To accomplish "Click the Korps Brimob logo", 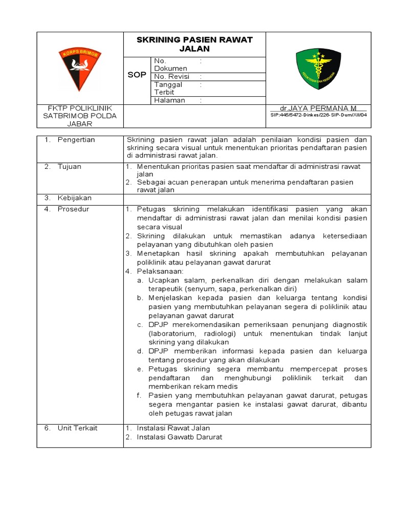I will [x=80, y=69].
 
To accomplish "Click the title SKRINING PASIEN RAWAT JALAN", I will [x=194, y=44].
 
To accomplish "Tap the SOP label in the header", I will [x=137, y=75].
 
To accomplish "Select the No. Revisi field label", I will [x=171, y=77].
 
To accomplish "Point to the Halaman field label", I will [x=169, y=100].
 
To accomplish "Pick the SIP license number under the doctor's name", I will [x=318, y=115].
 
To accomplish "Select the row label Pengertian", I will [x=76, y=140].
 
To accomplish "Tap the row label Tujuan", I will [x=69, y=166].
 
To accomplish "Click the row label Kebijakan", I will [x=74, y=198].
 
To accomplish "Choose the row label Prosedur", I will [x=73, y=209].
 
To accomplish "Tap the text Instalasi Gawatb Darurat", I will [x=179, y=437].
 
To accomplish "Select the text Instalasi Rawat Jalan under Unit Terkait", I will [x=173, y=428].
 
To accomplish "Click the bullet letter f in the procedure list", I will [x=139, y=395].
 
